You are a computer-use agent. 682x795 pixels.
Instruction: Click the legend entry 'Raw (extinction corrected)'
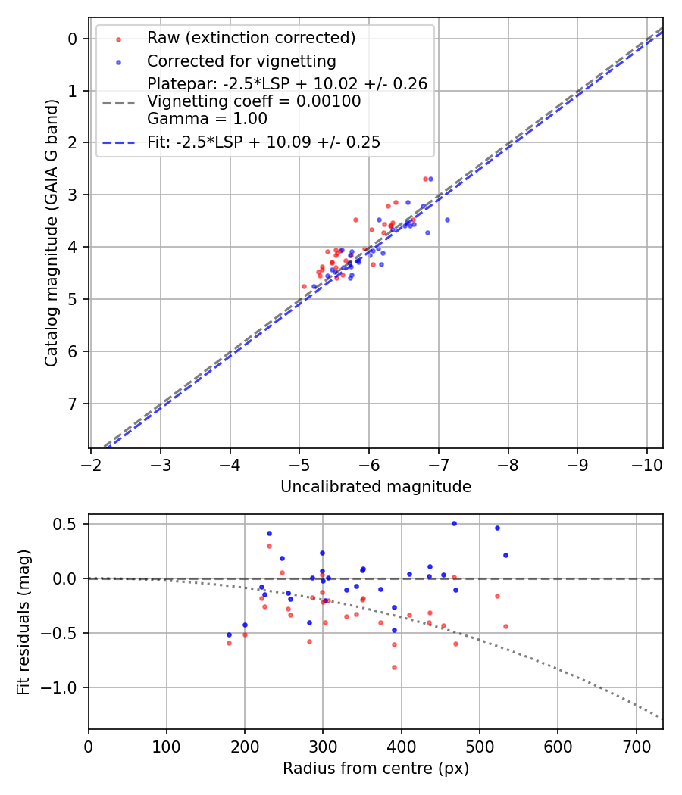[251, 38]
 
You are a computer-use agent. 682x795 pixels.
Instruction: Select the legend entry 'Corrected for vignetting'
[242, 61]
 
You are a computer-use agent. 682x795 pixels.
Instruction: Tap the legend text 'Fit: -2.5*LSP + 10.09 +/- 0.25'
[264, 142]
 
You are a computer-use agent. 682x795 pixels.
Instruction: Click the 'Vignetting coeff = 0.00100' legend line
[254, 101]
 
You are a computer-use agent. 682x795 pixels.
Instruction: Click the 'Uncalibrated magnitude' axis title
[376, 487]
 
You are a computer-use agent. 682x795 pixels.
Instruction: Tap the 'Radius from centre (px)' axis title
[376, 768]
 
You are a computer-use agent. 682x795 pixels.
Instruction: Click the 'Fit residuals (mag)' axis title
[24, 622]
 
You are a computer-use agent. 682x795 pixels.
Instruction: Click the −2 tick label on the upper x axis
[92, 463]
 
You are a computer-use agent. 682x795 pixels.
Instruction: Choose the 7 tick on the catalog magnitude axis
[74, 403]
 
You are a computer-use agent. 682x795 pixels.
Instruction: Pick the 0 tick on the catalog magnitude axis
[74, 39]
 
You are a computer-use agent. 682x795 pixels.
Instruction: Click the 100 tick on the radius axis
[167, 745]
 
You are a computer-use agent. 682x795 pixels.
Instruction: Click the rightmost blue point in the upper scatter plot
[447, 220]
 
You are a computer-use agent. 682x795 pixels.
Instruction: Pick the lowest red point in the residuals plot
[394, 667]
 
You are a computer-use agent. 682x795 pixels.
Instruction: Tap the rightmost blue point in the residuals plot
[505, 555]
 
